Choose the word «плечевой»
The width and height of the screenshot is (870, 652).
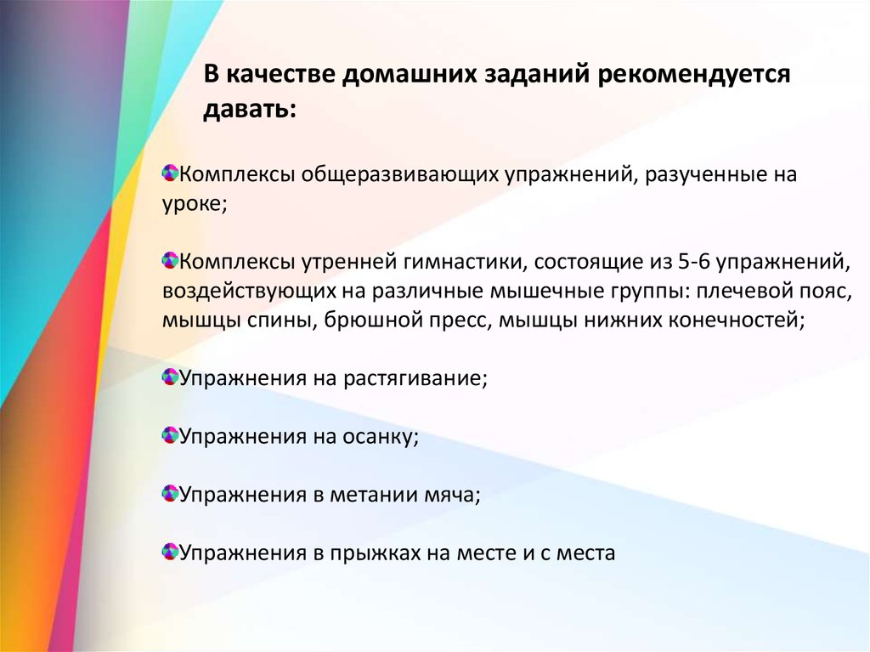click(x=735, y=292)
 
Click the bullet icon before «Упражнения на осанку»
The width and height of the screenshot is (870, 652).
click(x=169, y=435)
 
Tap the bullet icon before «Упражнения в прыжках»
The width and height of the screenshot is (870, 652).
click(x=169, y=551)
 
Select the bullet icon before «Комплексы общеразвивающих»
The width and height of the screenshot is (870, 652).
click(x=169, y=173)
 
